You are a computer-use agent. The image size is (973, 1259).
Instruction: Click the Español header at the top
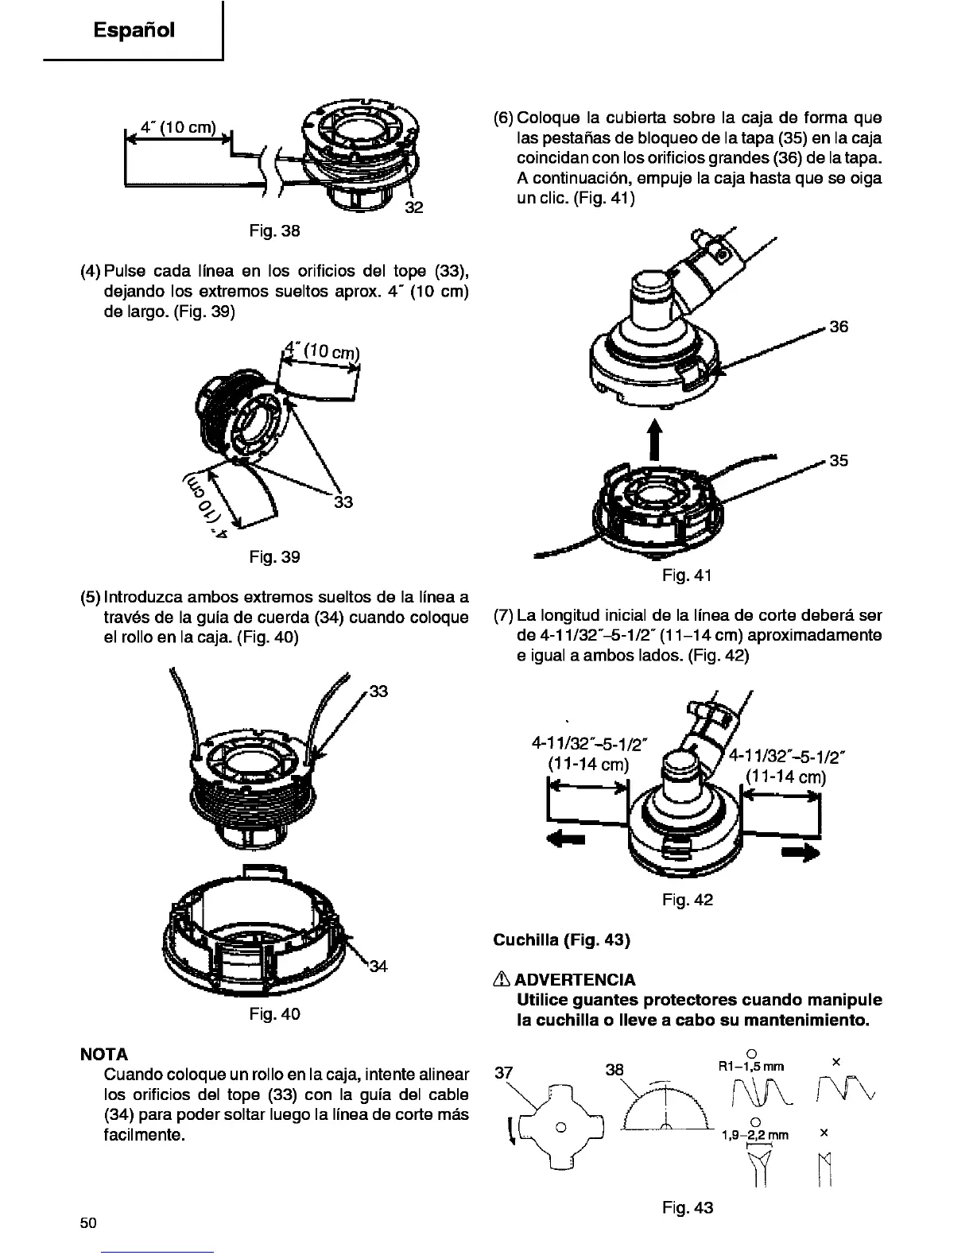(134, 30)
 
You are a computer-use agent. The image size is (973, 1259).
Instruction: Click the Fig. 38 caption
(273, 231)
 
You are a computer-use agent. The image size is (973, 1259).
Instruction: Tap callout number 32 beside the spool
(413, 208)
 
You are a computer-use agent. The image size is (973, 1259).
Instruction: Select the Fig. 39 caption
(273, 556)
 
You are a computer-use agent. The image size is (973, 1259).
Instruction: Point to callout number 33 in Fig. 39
(343, 502)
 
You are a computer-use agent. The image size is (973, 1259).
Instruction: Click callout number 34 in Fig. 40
(378, 967)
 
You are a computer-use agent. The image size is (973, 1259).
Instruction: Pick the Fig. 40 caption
(273, 1014)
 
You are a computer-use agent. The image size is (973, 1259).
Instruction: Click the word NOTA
(105, 1054)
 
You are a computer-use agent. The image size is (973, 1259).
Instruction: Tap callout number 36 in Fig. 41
(838, 327)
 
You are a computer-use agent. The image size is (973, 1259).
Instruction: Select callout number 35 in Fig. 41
(838, 460)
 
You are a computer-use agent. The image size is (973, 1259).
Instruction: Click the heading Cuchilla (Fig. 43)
(561, 940)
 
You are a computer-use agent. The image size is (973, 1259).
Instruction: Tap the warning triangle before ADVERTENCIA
(499, 979)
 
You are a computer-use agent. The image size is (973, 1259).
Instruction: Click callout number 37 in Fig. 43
(503, 1072)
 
